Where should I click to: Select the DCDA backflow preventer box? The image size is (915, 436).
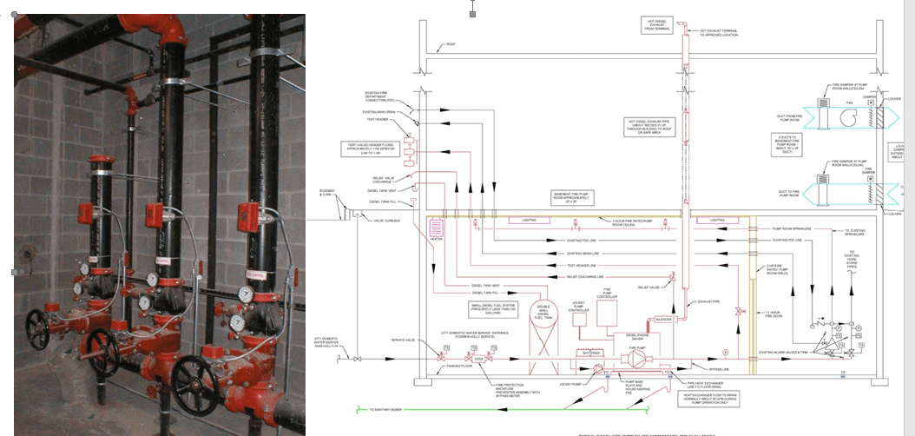pyautogui.click(x=478, y=358)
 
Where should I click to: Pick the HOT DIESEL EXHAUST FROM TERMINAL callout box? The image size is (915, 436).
pyautogui.click(x=657, y=25)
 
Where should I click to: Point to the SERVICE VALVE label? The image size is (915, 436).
pyautogui.click(x=404, y=340)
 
